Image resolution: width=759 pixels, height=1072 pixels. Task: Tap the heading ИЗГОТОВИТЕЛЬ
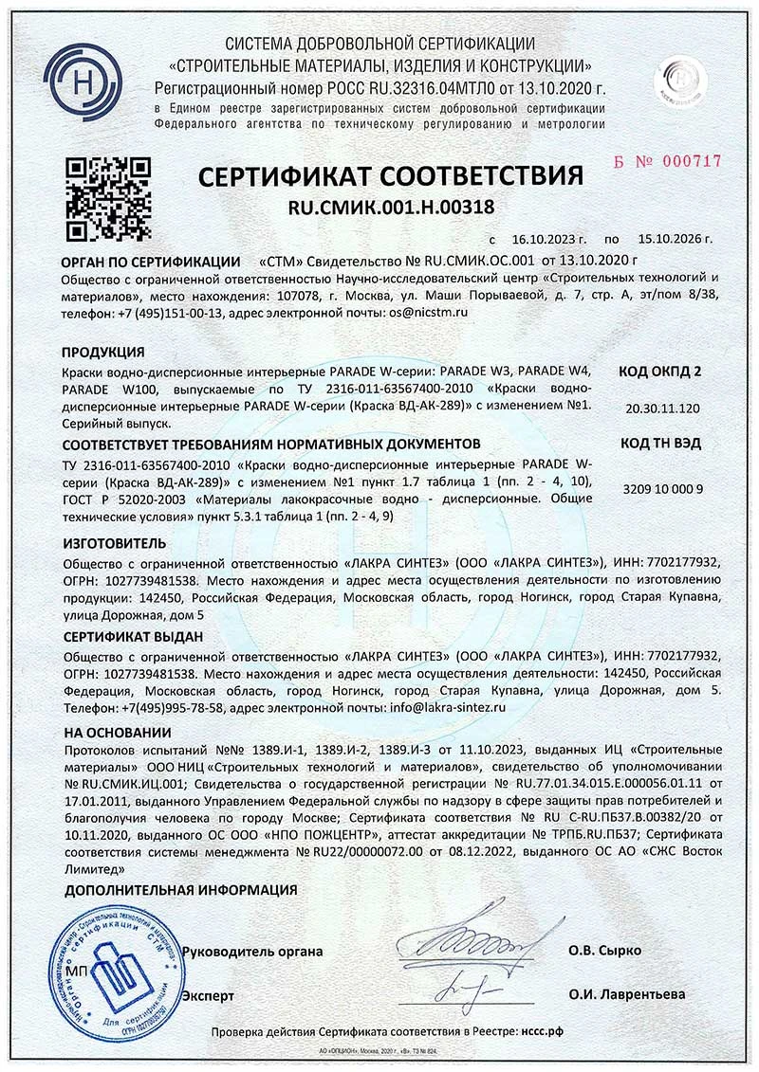(x=114, y=543)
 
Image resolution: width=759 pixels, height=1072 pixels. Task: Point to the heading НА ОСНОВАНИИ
(x=117, y=733)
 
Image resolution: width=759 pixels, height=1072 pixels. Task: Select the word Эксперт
(x=208, y=993)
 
